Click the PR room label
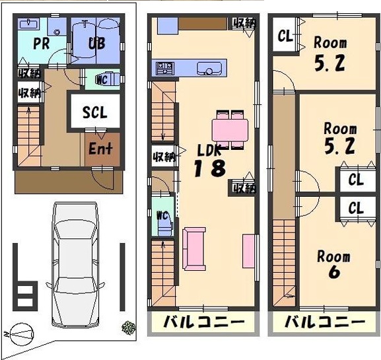click(x=42, y=44)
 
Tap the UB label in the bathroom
click(x=96, y=44)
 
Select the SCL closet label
click(x=95, y=112)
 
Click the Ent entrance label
click(x=100, y=148)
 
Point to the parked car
click(x=75, y=264)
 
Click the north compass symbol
click(x=20, y=334)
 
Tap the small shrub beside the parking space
click(x=129, y=328)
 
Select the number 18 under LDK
click(x=209, y=168)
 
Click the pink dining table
click(x=230, y=130)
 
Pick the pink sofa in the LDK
click(x=194, y=249)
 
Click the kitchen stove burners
click(x=165, y=68)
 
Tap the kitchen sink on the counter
click(x=209, y=69)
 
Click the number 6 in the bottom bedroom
click(x=334, y=271)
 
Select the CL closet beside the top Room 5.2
click(x=285, y=36)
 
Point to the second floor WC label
click(x=163, y=215)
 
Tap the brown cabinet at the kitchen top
click(x=203, y=24)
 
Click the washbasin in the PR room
click(x=28, y=24)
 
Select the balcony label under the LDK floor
click(x=203, y=322)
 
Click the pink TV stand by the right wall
click(x=248, y=251)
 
